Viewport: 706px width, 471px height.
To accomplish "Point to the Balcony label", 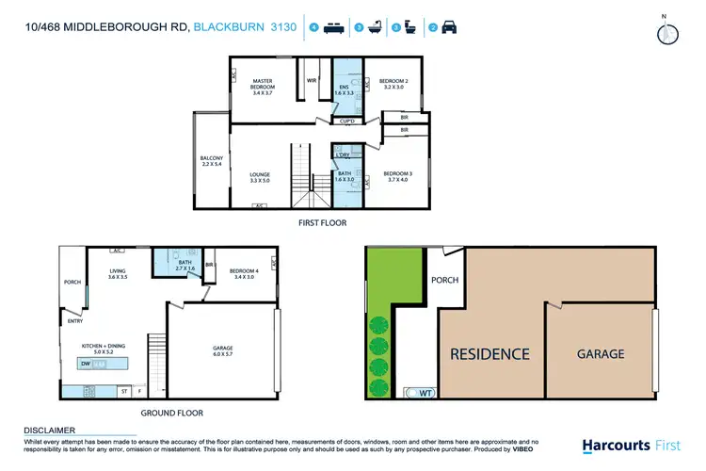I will point(210,161).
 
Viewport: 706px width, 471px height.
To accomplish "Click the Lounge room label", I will point(260,177).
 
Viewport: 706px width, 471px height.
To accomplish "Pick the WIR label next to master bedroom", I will point(312,81).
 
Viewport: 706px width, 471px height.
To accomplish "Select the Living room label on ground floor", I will point(117,274).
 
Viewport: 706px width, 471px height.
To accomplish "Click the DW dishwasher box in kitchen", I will point(86,363).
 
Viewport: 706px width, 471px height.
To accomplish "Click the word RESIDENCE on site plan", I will point(489,354).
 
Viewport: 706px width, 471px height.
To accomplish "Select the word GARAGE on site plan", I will point(600,354).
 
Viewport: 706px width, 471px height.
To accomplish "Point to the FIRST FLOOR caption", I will point(323,223).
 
